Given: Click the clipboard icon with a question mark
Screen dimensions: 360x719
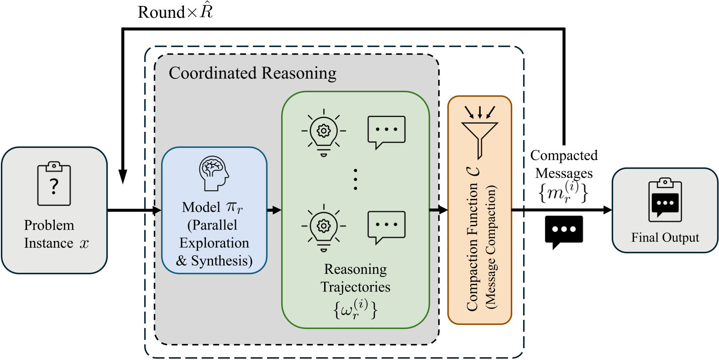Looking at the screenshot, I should pyautogui.click(x=54, y=183).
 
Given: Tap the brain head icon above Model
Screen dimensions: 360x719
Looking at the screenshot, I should pyautogui.click(x=214, y=173).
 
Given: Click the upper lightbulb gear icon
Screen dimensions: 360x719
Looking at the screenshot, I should pyautogui.click(x=324, y=132).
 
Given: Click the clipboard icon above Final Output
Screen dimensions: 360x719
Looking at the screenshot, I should pyautogui.click(x=665, y=200).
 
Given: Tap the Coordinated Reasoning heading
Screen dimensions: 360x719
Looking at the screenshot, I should pyautogui.click(x=252, y=73).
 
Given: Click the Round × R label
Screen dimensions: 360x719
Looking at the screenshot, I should pyautogui.click(x=175, y=12).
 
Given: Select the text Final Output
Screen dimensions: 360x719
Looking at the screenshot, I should pyautogui.click(x=665, y=238).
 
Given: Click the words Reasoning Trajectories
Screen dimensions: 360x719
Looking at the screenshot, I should pyautogui.click(x=356, y=278).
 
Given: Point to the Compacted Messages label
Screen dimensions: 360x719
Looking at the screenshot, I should pyautogui.click(x=564, y=164).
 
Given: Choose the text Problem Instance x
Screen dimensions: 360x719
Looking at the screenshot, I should pyautogui.click(x=56, y=234).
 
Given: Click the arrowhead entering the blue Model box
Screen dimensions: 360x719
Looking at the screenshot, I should pyautogui.click(x=157, y=210).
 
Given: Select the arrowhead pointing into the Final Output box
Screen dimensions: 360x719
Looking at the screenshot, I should pyautogui.click(x=608, y=210).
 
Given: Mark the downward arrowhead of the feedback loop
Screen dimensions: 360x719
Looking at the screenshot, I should pyautogui.click(x=123, y=177).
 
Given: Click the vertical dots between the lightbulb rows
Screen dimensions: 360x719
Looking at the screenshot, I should pyautogui.click(x=356, y=179).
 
